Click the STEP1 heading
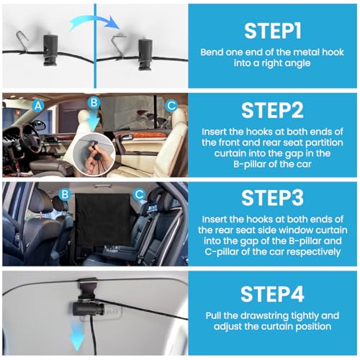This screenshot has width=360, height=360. [273, 31]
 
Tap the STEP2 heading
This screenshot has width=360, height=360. [273, 110]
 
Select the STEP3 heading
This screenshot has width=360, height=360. [273, 198]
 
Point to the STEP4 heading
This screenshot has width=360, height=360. [273, 294]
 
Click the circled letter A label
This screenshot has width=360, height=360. [38, 106]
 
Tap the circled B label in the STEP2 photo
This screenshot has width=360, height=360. [94, 102]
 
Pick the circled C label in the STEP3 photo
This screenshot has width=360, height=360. [139, 194]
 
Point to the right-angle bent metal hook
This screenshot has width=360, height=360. [119, 47]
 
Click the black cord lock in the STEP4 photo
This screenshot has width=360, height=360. [89, 309]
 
